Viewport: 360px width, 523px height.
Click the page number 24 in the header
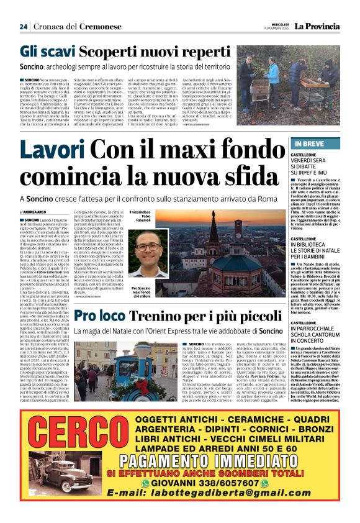click(x=24, y=27)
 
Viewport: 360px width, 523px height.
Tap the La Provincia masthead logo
click(x=317, y=27)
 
